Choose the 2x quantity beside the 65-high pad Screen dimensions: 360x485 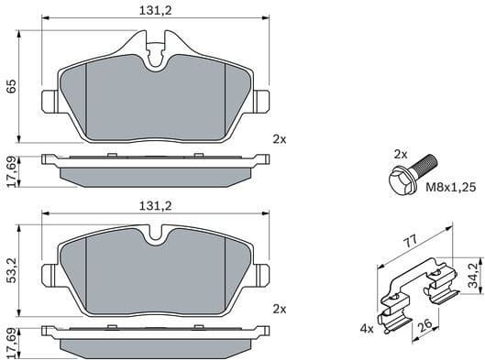pos(280,139)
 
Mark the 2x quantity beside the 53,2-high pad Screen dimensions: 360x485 pos(280,309)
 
